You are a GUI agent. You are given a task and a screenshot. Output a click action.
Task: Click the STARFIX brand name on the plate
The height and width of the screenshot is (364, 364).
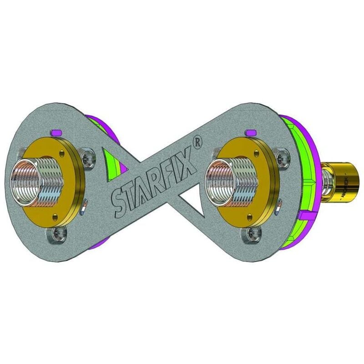[155, 182]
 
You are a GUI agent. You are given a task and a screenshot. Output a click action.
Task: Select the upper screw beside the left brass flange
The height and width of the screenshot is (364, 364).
[87, 158]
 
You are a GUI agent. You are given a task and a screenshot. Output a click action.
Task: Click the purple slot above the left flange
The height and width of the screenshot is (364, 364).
[57, 132]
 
